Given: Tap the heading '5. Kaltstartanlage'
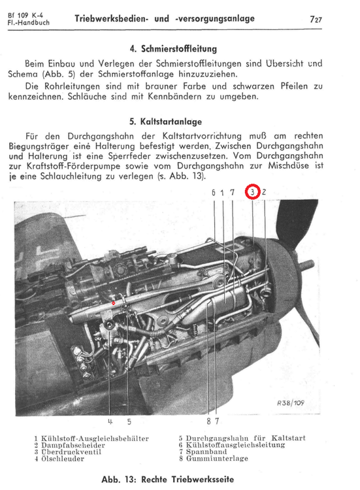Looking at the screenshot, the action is (165, 122).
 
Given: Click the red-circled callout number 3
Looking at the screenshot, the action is (253, 192).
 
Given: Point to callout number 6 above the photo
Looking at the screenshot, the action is (214, 192).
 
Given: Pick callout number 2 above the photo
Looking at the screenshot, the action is (263, 192).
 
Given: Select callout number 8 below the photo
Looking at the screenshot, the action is (208, 421).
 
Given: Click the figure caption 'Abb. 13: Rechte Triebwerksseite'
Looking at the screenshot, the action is (167, 479).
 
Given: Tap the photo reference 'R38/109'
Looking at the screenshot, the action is (291, 402).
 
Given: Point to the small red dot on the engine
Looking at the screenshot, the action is (114, 304).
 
